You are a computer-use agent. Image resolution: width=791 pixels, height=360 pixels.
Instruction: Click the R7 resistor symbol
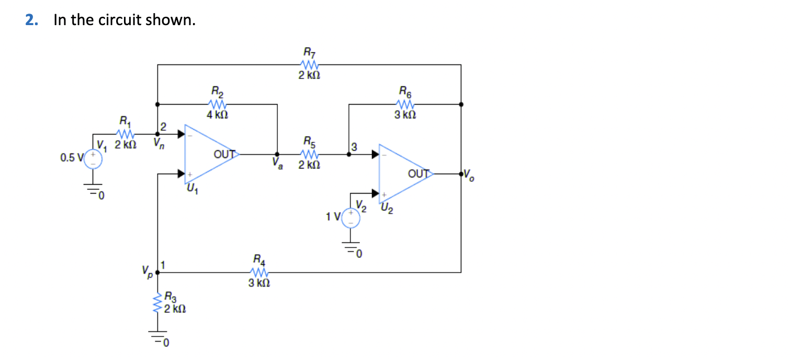pyautogui.click(x=310, y=65)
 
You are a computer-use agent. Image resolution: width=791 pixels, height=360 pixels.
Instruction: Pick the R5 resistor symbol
pyautogui.click(x=310, y=154)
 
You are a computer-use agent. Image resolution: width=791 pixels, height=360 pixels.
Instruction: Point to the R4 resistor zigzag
pyautogui.click(x=258, y=272)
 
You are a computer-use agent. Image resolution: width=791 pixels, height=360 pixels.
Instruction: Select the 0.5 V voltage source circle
pyautogui.click(x=94, y=158)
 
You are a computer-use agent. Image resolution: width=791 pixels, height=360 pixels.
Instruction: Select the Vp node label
pyautogui.click(x=146, y=271)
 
